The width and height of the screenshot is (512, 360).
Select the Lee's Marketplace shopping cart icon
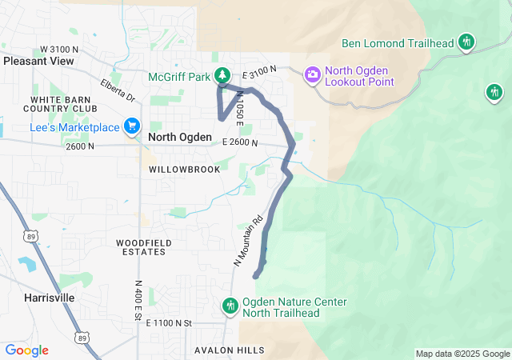pos(132,126)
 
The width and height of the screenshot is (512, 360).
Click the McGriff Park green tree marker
pos(224,76)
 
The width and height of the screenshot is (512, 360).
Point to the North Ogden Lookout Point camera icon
pos(313,74)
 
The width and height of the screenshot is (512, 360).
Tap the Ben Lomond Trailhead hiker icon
pos(466,42)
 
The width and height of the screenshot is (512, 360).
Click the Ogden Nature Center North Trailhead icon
pos(230,306)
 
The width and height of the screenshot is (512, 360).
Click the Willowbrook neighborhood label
pos(178,170)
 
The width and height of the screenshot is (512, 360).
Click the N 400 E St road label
pos(138,301)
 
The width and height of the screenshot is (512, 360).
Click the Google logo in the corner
pos(26,350)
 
